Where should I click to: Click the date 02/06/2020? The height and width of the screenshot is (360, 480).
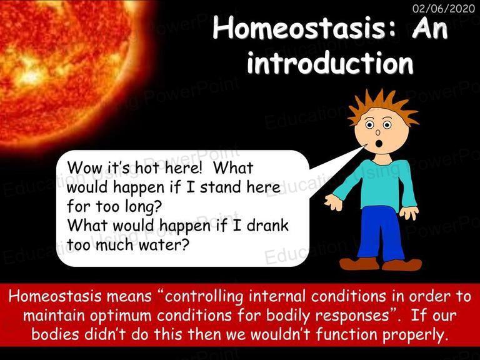pyautogui.click(x=444, y=8)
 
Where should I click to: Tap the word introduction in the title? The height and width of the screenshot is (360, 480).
pyautogui.click(x=330, y=62)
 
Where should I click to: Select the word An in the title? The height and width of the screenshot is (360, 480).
pyautogui.click(x=430, y=27)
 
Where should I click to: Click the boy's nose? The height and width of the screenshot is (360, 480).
pyautogui.click(x=377, y=132)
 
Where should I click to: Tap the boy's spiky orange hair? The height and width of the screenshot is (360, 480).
pyautogui.click(x=383, y=106)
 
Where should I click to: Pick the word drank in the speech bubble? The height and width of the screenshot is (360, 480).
pyautogui.click(x=267, y=225)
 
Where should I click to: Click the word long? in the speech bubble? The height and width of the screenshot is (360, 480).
pyautogui.click(x=143, y=207)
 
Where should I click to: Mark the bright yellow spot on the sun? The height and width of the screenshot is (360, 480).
pyautogui.click(x=31, y=75)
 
